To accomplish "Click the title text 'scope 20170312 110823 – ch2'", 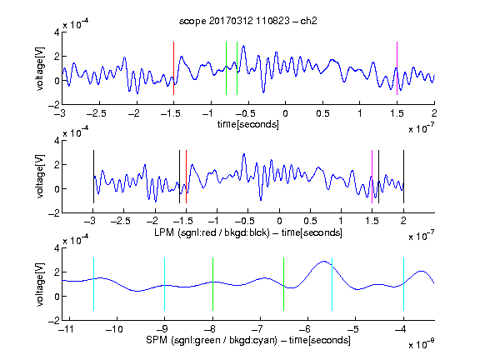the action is tap(248, 21).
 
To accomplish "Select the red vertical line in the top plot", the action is tap(173, 68).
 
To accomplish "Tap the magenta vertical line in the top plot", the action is tap(397, 68).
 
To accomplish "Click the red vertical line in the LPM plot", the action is tap(186, 177).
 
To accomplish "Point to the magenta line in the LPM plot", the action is tap(372, 177).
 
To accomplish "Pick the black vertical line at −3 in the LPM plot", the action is tap(93, 177).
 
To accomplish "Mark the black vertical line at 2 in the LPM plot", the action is tap(403, 177).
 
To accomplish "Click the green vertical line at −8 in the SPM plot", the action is tap(212, 284).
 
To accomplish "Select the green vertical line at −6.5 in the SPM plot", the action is tap(284, 284).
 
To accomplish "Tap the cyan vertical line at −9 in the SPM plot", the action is tap(165, 284).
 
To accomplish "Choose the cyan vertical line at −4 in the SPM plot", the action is tap(403, 284).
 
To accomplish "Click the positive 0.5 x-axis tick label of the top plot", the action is tap(322, 113).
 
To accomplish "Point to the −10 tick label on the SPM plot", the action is tap(114, 329).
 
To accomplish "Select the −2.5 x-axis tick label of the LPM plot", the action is tap(120, 221).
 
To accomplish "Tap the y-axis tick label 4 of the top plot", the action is tap(57, 32).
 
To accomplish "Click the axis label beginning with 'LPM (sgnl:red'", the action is tap(248, 232).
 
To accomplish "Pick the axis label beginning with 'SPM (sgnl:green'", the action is tap(248, 340).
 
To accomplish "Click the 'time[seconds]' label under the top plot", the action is tap(248, 124).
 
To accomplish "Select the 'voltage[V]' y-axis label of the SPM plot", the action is tap(40, 284).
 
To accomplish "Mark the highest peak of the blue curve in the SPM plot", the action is tap(323, 261).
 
